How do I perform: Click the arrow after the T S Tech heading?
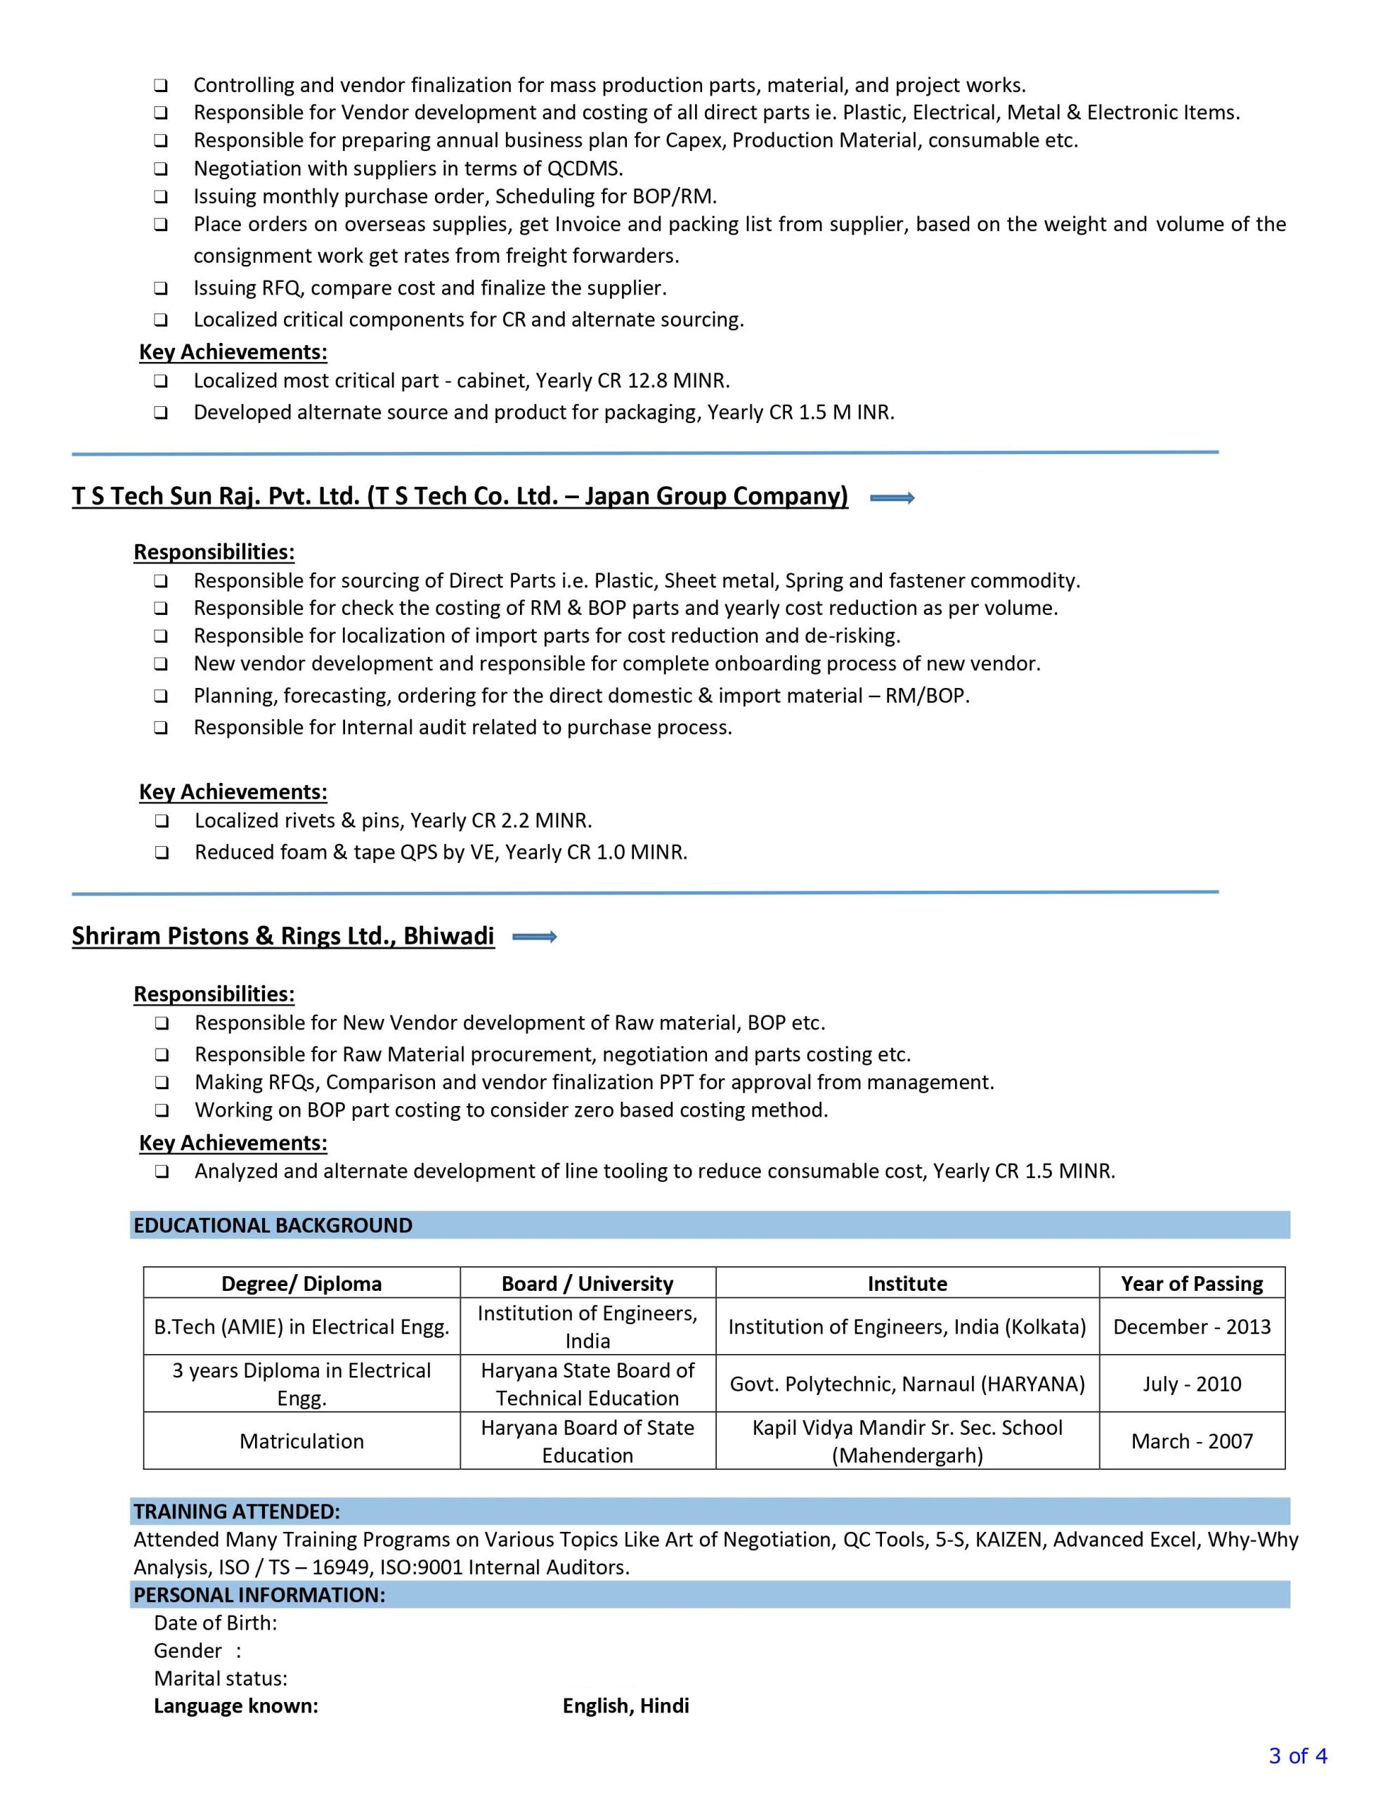[892, 498]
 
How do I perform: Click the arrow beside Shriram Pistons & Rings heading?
[535, 937]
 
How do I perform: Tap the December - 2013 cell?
[1191, 1326]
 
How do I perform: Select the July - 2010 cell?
[1191, 1384]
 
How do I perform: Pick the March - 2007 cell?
[1191, 1441]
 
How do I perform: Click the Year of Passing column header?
[1191, 1283]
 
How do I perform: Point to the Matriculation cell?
[301, 1441]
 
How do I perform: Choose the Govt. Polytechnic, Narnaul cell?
[907, 1384]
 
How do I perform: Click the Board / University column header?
[587, 1283]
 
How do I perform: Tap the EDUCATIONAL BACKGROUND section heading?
[273, 1225]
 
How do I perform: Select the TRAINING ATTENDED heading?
[237, 1511]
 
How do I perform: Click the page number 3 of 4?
[1298, 1756]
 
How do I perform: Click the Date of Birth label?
[215, 1623]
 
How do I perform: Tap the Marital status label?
[220, 1678]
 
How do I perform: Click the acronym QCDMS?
[584, 169]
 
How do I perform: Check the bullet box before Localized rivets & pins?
[162, 821]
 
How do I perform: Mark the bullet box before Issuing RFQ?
[161, 288]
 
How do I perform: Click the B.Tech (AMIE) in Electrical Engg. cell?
[301, 1326]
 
